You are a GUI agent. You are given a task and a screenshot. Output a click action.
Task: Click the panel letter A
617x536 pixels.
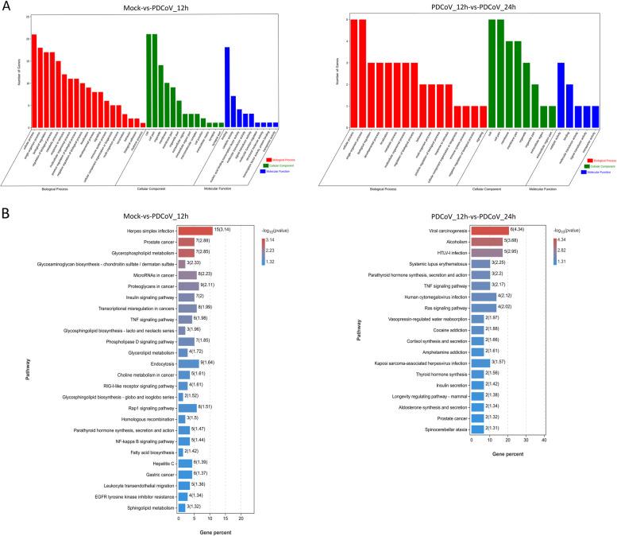click(6, 6)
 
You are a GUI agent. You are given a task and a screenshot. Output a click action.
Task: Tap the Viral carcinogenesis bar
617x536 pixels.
click(489, 230)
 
